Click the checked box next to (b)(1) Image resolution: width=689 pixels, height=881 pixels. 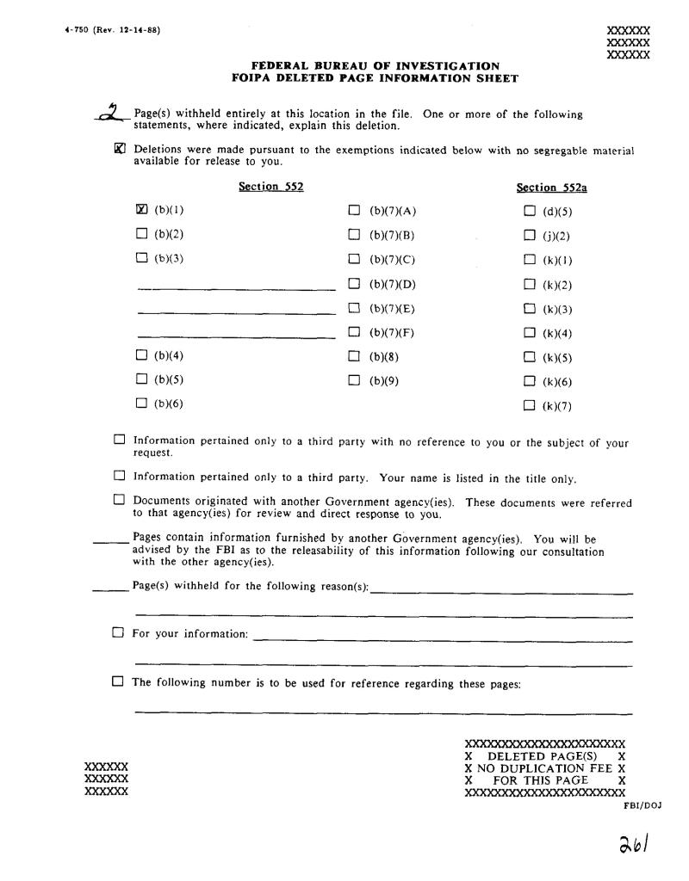point(142,209)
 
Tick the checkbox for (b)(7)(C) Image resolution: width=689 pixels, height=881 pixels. point(354,257)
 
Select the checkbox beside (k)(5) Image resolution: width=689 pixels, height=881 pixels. point(529,356)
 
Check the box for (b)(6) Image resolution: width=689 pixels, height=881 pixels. point(142,403)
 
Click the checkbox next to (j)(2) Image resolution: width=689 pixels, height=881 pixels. point(529,234)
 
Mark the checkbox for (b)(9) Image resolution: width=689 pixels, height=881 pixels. point(354,379)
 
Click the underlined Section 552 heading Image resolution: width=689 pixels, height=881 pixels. point(270,187)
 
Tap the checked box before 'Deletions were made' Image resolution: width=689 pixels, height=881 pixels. point(120,148)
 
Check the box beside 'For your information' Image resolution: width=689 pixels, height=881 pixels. point(118,633)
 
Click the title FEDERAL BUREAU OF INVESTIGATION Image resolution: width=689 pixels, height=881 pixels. point(375,65)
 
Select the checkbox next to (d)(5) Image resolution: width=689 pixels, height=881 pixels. point(529,210)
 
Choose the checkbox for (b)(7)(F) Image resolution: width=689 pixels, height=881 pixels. point(354,331)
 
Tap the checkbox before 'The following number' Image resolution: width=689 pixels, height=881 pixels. point(118,682)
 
